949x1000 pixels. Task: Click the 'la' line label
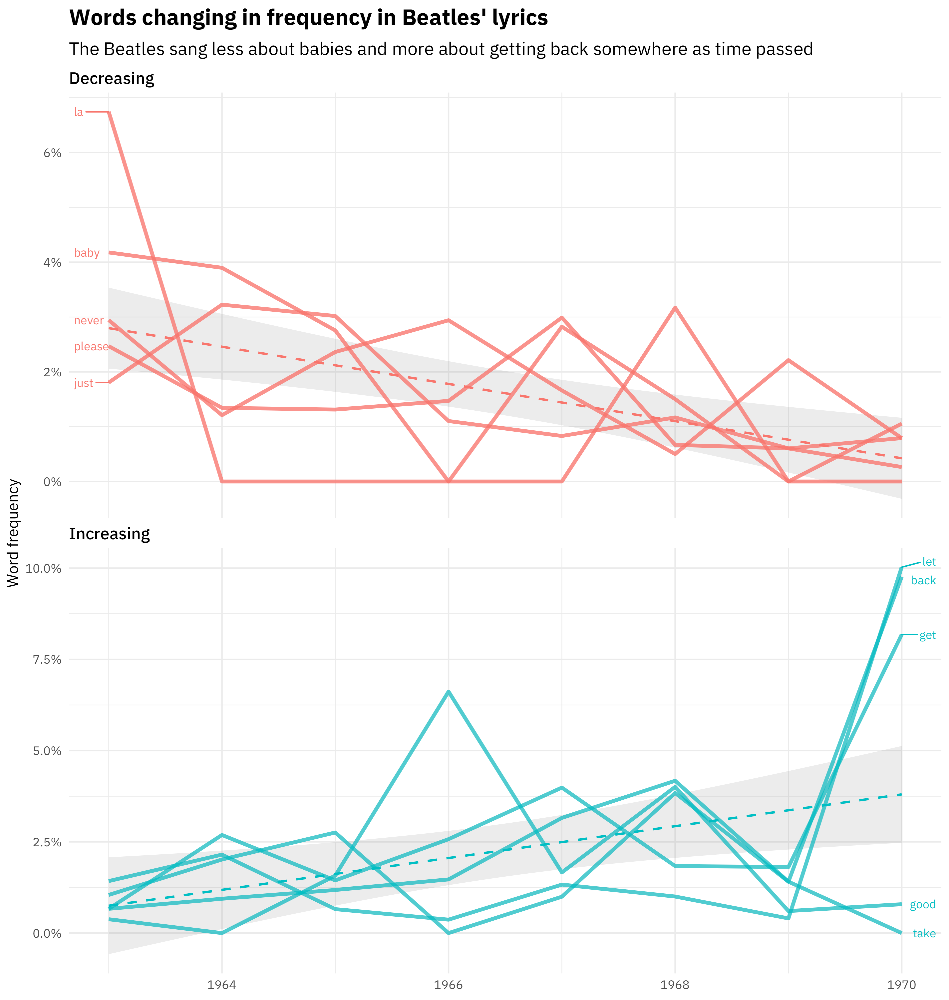[78, 112]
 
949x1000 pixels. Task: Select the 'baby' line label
[87, 253]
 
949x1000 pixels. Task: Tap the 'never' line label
[89, 321]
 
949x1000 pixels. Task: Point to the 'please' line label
[91, 347]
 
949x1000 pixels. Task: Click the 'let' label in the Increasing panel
[929, 562]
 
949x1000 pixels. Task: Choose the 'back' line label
[923, 581]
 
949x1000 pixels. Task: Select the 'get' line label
[927, 635]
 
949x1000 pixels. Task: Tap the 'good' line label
[923, 904]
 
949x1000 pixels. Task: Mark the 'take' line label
[924, 933]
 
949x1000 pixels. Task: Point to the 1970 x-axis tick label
[901, 984]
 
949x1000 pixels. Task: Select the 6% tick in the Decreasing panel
[52, 153]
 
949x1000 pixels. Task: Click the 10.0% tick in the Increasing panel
[44, 568]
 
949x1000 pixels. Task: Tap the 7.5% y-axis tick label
[47, 659]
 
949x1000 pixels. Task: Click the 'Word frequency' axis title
[14, 533]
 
